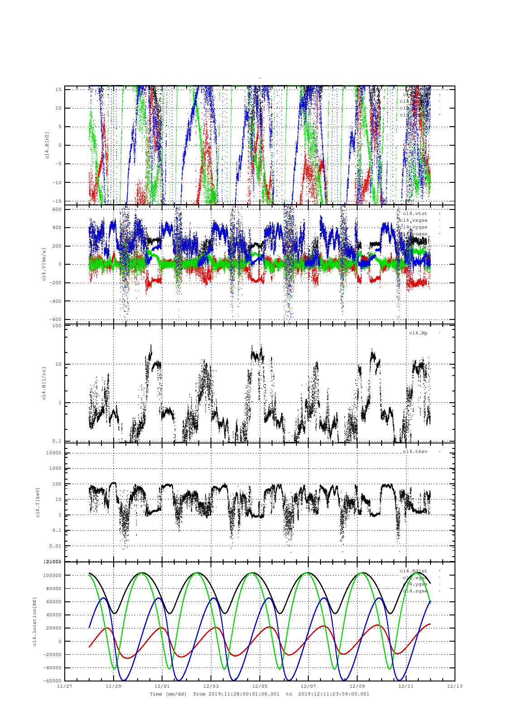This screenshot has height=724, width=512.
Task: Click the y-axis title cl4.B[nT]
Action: click(47, 145)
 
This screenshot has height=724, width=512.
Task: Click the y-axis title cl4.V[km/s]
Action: click(44, 264)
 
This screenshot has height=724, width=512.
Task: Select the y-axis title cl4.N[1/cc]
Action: click(44, 383)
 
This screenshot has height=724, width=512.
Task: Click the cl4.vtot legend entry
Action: click(415, 213)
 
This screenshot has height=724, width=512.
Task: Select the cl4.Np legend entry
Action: click(418, 333)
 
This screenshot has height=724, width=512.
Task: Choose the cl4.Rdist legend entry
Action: click(413, 571)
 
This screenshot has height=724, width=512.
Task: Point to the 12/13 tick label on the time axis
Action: click(455, 686)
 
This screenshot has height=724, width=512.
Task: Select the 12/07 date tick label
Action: click(308, 686)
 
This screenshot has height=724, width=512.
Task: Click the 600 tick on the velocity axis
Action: click(57, 209)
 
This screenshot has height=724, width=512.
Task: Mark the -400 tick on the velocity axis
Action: click(55, 301)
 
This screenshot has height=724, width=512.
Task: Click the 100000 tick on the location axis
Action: click(53, 576)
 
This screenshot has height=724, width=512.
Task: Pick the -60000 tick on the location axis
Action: click(53, 681)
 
